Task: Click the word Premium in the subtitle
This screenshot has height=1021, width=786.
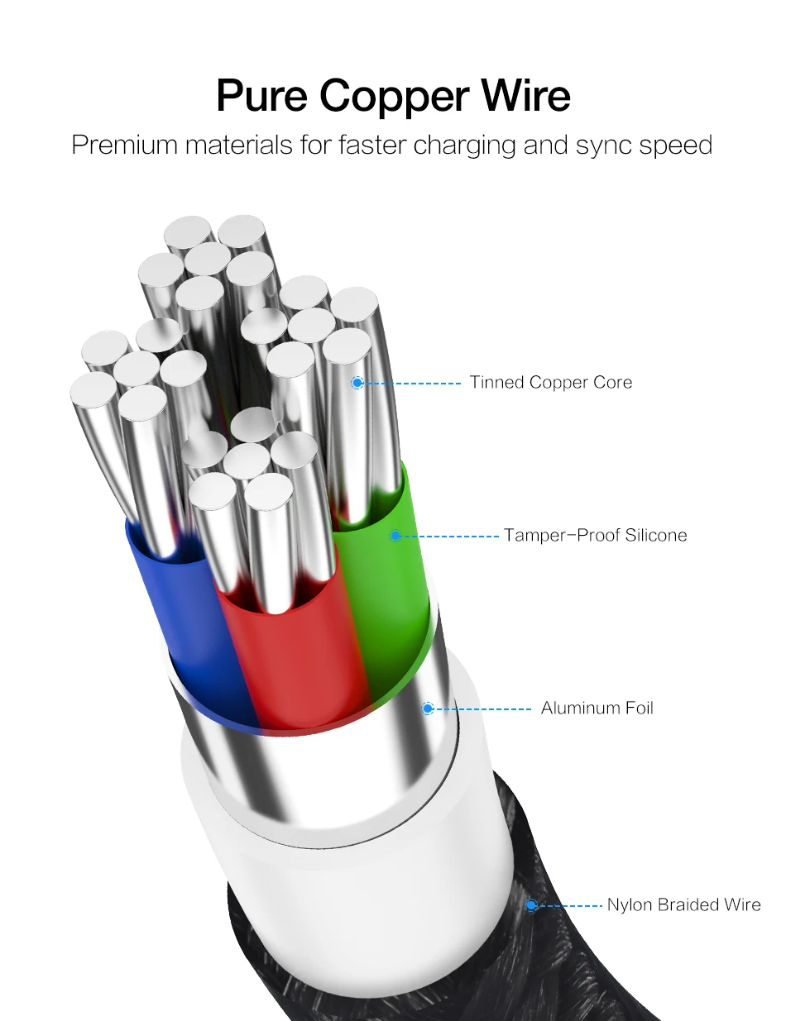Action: point(124,146)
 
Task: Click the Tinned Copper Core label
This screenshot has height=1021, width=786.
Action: point(551,382)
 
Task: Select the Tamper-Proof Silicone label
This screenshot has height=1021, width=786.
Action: point(596,535)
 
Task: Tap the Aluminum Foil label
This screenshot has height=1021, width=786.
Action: point(597,708)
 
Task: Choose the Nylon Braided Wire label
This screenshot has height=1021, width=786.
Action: point(683,904)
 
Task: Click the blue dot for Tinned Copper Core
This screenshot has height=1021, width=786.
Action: point(357,383)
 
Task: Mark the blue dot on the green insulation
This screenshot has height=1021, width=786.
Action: point(395,536)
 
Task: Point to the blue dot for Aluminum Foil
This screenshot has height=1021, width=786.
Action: point(428,708)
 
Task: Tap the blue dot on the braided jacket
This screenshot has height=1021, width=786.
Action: point(532,905)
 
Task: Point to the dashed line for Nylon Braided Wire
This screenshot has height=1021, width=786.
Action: point(571,905)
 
